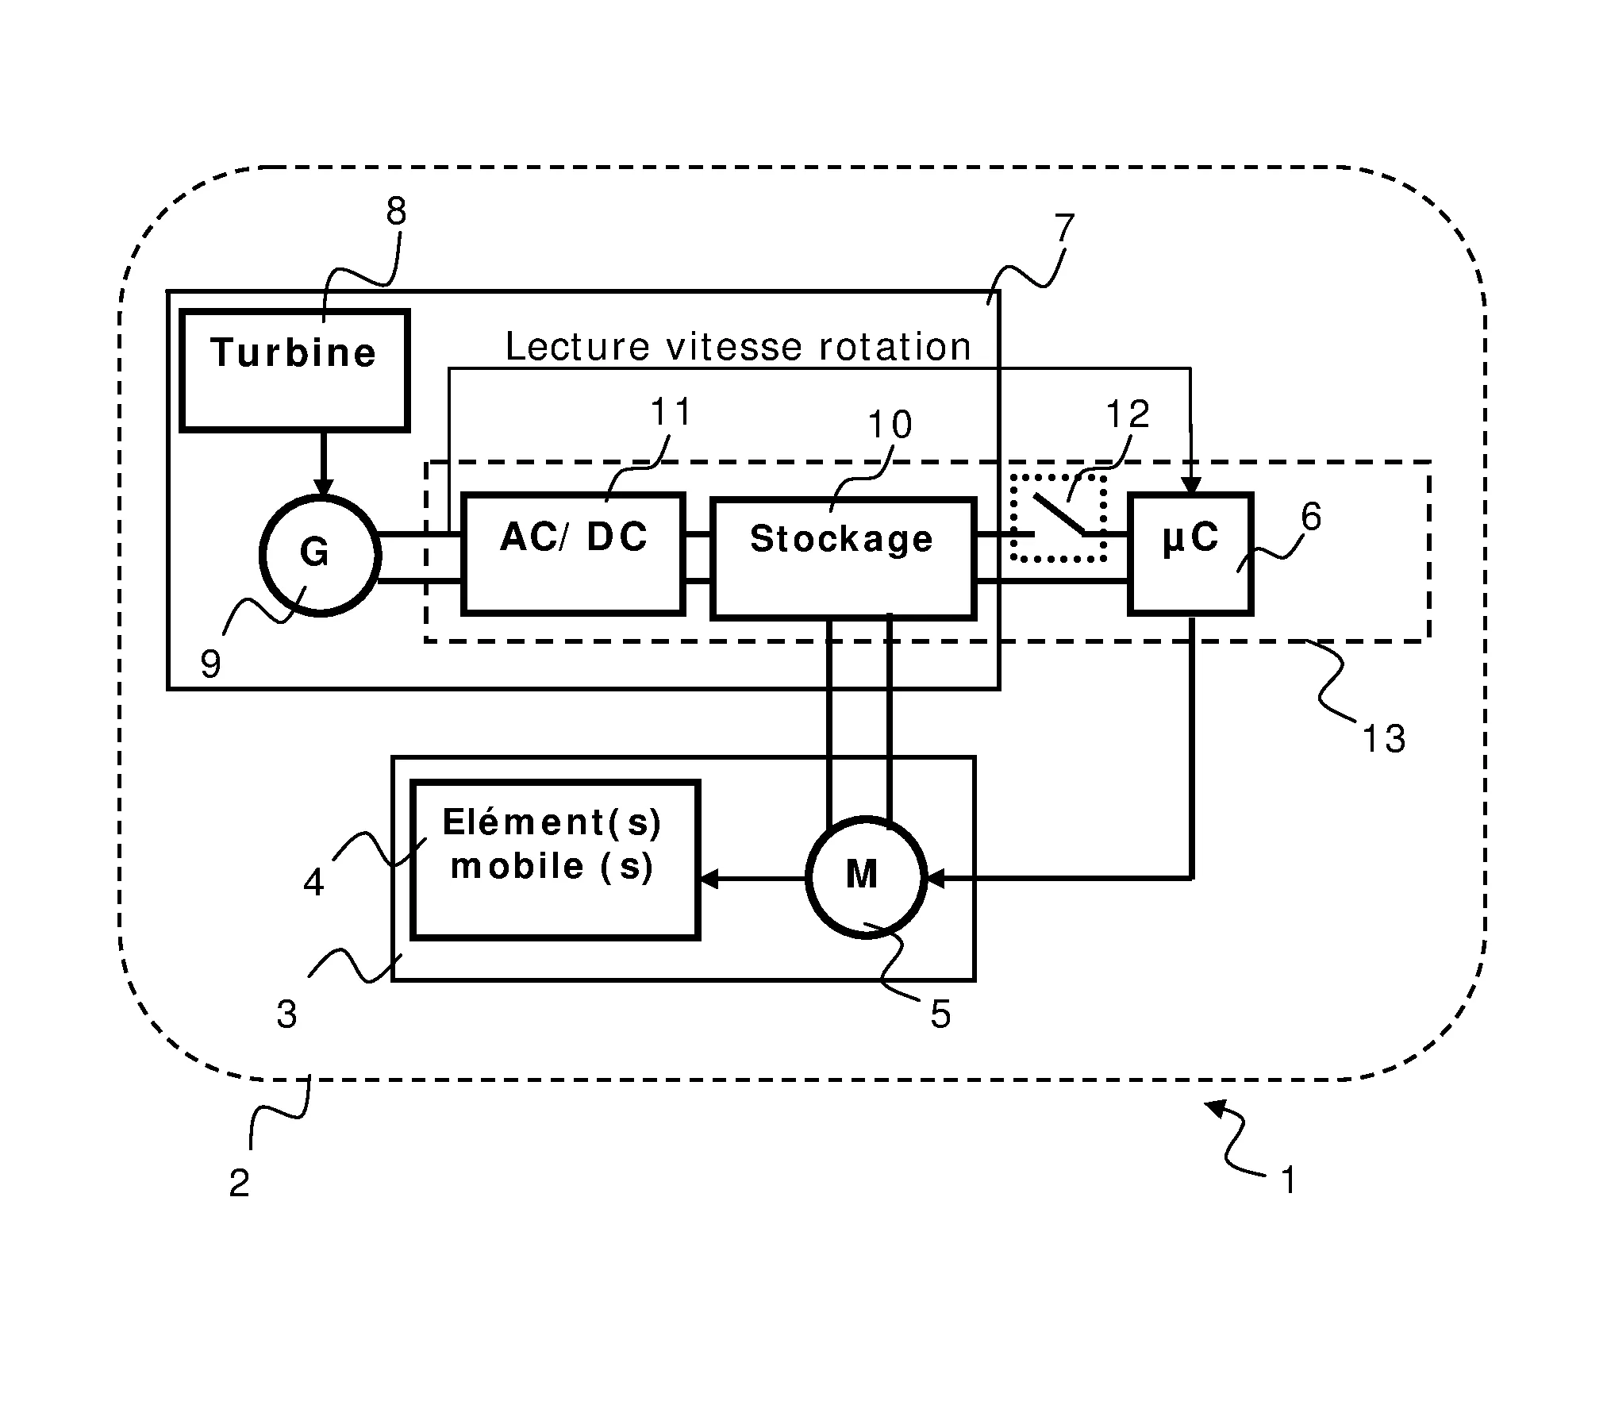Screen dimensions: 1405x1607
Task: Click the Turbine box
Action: (294, 371)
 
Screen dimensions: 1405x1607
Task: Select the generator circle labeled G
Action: (320, 555)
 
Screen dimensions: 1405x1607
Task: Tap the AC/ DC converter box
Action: (573, 554)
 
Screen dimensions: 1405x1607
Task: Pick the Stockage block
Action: (843, 557)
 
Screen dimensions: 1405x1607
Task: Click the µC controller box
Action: (1190, 554)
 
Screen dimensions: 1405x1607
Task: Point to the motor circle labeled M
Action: (866, 877)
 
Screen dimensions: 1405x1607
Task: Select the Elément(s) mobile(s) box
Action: (555, 860)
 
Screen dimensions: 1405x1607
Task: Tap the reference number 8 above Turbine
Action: (396, 211)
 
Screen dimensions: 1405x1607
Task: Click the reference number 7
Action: (1063, 229)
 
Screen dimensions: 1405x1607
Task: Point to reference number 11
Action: (671, 413)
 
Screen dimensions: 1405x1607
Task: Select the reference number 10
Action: (890, 425)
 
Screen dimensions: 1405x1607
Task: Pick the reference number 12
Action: (1127, 414)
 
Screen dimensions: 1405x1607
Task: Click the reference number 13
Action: (1383, 739)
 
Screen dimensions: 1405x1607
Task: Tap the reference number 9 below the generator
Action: (210, 664)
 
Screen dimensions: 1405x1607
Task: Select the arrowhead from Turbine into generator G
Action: (322, 487)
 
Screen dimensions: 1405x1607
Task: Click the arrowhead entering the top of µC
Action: (1190, 484)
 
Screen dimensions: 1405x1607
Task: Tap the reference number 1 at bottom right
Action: (1289, 1180)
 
